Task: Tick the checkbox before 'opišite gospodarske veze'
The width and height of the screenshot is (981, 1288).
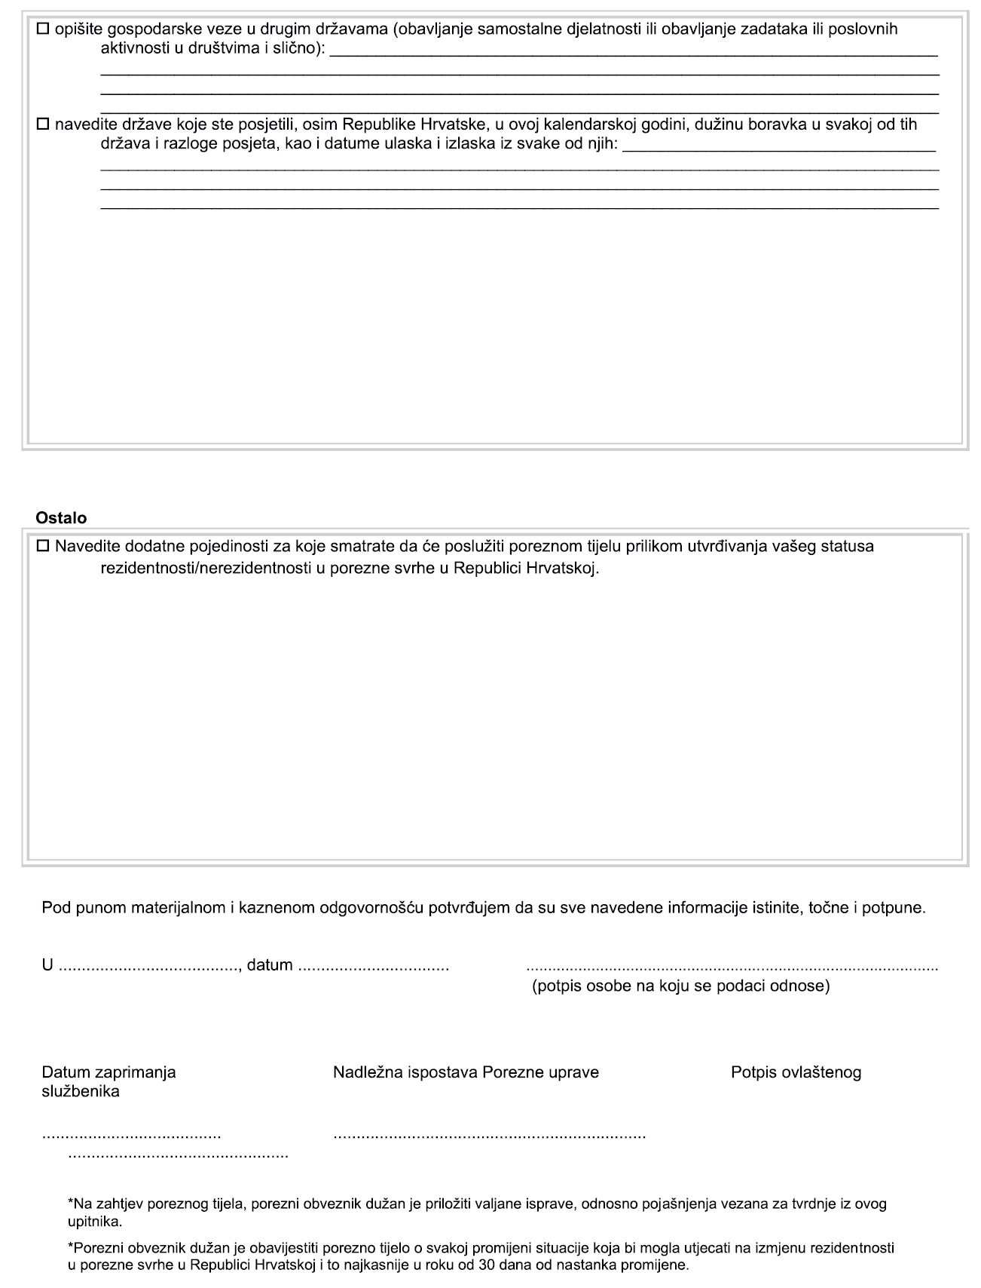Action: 42,30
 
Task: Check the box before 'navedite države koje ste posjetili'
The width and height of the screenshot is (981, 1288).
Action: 42,124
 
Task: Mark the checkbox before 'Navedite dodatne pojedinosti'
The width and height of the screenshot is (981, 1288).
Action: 42,546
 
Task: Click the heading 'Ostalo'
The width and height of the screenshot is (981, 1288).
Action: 61,518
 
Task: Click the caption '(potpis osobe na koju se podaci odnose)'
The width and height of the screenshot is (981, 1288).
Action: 680,986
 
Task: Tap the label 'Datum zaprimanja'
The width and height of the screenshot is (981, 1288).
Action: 108,1072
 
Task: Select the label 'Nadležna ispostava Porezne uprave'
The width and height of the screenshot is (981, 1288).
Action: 466,1072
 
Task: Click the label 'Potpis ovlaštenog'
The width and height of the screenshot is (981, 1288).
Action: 796,1072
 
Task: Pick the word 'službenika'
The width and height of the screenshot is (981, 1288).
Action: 81,1092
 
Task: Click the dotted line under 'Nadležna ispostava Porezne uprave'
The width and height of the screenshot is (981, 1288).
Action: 489,1136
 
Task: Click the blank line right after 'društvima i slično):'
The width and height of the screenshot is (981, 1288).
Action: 634,54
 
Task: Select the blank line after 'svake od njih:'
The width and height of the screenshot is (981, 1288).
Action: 780,149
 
